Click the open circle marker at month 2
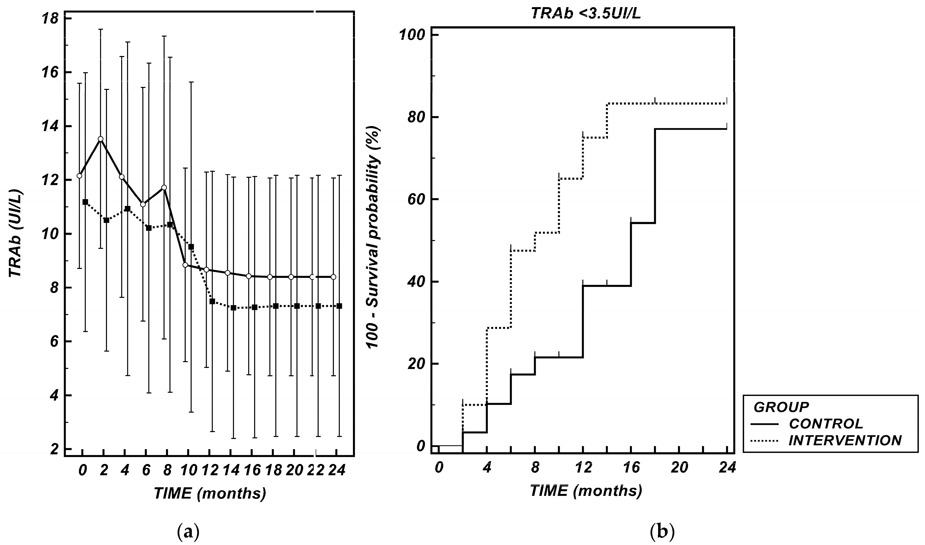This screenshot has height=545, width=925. coord(101,139)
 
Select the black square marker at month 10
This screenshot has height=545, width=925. coord(191,247)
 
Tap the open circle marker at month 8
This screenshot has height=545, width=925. coord(164,187)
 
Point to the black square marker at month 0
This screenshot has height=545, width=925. coord(85,202)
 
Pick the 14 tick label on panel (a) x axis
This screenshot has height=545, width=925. coord(231,470)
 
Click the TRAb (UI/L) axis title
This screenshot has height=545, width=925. coord(15,234)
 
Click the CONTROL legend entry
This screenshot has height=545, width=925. coord(826,424)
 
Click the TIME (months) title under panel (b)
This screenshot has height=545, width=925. coord(586,491)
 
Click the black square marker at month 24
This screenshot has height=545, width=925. coord(339,306)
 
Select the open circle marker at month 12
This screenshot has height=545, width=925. coord(206,270)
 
